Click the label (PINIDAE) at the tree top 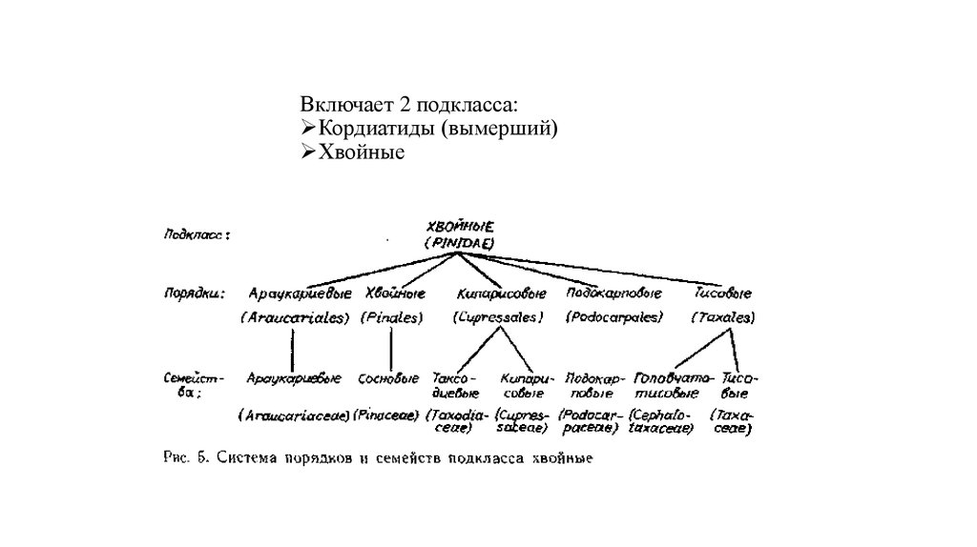[x=460, y=244]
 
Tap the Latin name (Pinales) [x=391, y=317]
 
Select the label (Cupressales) [x=498, y=317]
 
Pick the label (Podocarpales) [x=614, y=317]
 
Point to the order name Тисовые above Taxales [x=723, y=293]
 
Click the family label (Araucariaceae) [x=292, y=415]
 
